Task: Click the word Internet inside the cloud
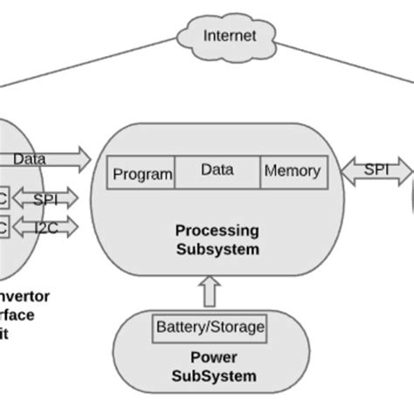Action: tap(230, 36)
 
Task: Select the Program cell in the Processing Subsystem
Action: tap(142, 173)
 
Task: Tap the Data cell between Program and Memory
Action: tap(217, 170)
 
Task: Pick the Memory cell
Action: tap(292, 171)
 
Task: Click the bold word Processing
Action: tap(217, 231)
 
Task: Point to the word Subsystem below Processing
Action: tap(217, 249)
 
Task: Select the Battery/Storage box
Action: tap(210, 328)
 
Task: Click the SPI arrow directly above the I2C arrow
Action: tap(45, 199)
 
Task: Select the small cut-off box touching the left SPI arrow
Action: tap(4, 199)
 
